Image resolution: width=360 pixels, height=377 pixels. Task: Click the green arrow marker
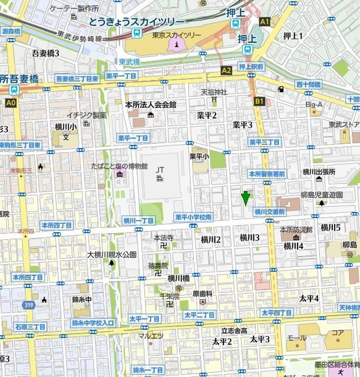tap(246, 199)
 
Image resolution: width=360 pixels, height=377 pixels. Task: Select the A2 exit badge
tap(226, 70)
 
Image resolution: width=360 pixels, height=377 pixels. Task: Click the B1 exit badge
tap(259, 101)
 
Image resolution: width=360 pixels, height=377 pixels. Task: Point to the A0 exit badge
tap(10, 102)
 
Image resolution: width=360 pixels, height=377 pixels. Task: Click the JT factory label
tap(160, 170)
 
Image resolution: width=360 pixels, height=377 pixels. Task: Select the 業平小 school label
tap(199, 157)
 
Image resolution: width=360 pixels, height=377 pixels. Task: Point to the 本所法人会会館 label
tap(151, 104)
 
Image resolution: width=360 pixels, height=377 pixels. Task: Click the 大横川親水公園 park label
tap(111, 254)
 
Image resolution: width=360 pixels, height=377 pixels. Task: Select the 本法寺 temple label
tap(163, 239)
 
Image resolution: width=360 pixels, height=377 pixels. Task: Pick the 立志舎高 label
tap(234, 330)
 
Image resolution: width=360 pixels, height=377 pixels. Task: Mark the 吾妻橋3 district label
tap(45, 53)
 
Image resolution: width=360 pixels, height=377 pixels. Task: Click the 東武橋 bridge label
tap(129, 61)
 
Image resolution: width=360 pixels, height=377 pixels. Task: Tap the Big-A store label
tap(314, 105)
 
